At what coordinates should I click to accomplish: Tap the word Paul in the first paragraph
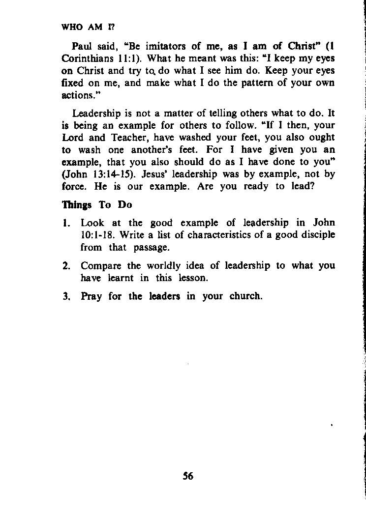coord(82,47)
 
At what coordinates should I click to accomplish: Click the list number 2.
coord(66,266)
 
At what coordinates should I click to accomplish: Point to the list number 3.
coord(66,297)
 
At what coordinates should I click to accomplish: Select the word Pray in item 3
coord(91,297)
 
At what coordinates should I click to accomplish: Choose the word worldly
coord(166,266)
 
